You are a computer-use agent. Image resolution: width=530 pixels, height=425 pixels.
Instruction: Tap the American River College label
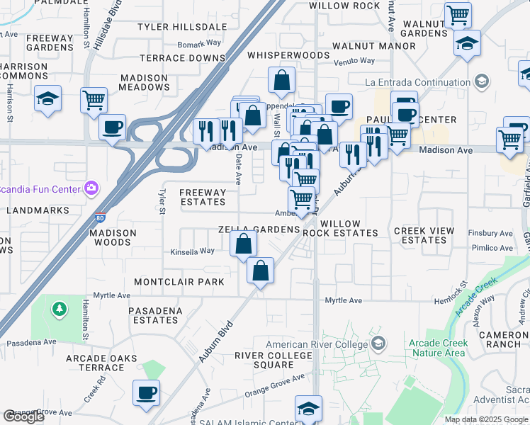[316, 345]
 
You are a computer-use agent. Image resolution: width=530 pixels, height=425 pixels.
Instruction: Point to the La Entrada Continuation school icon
[482, 81]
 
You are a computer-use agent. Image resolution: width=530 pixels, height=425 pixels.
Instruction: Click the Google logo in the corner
[23, 416]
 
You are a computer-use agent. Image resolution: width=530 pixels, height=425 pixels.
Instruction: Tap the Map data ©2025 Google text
[486, 419]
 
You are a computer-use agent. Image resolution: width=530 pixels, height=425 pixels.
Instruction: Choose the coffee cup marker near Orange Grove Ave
[146, 392]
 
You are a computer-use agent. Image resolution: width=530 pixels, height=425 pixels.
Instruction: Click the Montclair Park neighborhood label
[179, 282]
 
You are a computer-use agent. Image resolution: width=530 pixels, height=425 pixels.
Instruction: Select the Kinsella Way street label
[192, 251]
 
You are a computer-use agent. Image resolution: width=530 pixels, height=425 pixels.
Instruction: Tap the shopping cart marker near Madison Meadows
[94, 100]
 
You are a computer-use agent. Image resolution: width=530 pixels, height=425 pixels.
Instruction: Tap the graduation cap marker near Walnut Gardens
[467, 43]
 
